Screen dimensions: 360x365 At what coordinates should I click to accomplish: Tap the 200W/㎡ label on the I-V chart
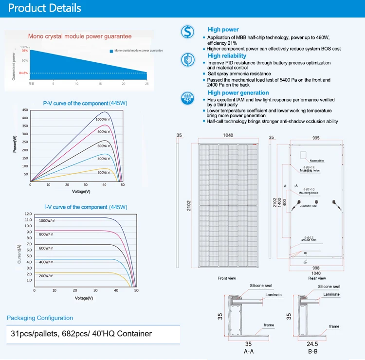click(x=49, y=276)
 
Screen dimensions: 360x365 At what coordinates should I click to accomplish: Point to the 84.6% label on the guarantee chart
click(x=23, y=73)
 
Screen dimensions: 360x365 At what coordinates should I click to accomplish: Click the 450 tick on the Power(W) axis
click(x=25, y=111)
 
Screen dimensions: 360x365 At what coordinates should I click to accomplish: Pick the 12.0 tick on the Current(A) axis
click(x=28, y=214)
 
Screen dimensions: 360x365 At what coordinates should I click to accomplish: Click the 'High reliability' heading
click(x=227, y=56)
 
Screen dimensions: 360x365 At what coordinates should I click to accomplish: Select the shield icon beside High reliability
click(x=187, y=60)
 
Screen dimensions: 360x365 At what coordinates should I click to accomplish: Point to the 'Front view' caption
click(x=227, y=278)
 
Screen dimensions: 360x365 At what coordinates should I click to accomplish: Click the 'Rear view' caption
click(x=317, y=278)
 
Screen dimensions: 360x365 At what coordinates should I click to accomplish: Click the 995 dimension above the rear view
click(x=316, y=138)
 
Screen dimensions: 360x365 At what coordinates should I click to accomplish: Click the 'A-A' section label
click(x=248, y=351)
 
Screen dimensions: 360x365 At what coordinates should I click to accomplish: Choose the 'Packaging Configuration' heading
click(x=40, y=318)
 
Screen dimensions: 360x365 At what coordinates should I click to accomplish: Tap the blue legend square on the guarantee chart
click(x=111, y=51)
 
